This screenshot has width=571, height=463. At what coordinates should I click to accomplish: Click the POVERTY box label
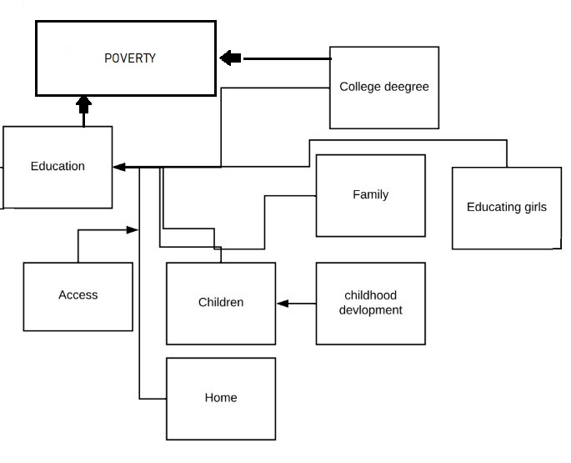coord(129,58)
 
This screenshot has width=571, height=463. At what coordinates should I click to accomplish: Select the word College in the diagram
coord(360,87)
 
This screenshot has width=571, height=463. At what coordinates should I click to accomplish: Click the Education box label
coord(58,166)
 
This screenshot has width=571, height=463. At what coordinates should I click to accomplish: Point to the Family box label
coord(370,194)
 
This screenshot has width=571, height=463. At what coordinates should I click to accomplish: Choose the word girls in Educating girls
coord(531,207)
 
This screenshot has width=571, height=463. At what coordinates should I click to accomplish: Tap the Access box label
coord(78,294)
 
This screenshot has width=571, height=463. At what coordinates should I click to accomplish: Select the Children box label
coord(221,302)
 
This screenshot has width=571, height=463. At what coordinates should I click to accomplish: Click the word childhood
coord(370,295)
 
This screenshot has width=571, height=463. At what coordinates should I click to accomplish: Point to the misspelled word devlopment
coord(370,310)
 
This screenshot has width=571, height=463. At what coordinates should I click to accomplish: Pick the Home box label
coord(221,398)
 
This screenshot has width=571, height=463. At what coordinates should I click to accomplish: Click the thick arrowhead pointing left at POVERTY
coord(230,58)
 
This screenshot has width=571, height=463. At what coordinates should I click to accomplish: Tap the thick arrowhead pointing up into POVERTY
coord(83,103)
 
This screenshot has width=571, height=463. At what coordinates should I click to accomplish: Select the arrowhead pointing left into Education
coord(119,167)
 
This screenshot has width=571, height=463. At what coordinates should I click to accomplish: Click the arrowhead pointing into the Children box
coord(282,304)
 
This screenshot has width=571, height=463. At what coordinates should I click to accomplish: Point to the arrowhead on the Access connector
coord(133,229)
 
